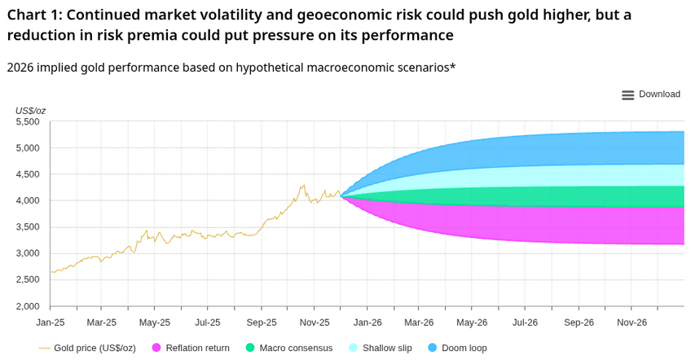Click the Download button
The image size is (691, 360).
658,94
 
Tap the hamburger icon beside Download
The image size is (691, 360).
627,95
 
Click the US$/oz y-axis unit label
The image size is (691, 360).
30,110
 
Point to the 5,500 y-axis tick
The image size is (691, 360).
28,122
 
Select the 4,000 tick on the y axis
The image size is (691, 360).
28,201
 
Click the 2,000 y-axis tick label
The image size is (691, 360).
28,306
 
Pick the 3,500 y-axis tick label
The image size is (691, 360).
28,227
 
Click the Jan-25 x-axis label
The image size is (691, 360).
51,323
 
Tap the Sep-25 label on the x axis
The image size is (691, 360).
262,323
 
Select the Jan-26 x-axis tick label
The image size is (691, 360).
368,323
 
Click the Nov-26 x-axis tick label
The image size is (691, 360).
632,323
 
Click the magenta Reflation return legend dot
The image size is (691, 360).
156,348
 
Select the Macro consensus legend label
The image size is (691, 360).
296,348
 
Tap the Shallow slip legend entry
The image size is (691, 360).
387,348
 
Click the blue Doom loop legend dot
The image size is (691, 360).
432,348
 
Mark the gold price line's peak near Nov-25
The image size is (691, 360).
303,185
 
